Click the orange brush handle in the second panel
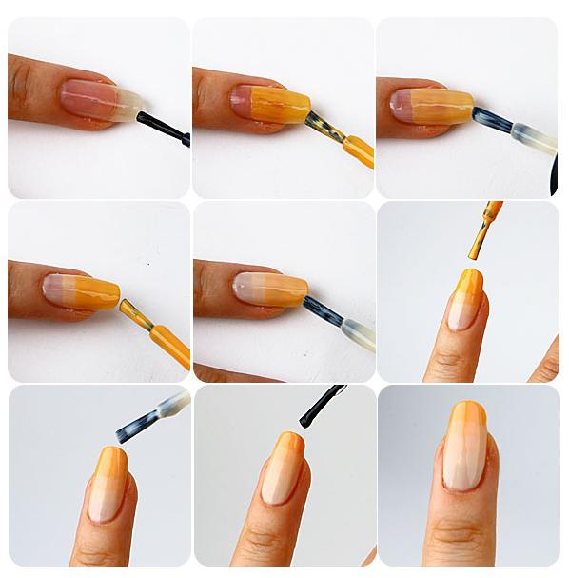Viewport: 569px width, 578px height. (358, 150)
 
